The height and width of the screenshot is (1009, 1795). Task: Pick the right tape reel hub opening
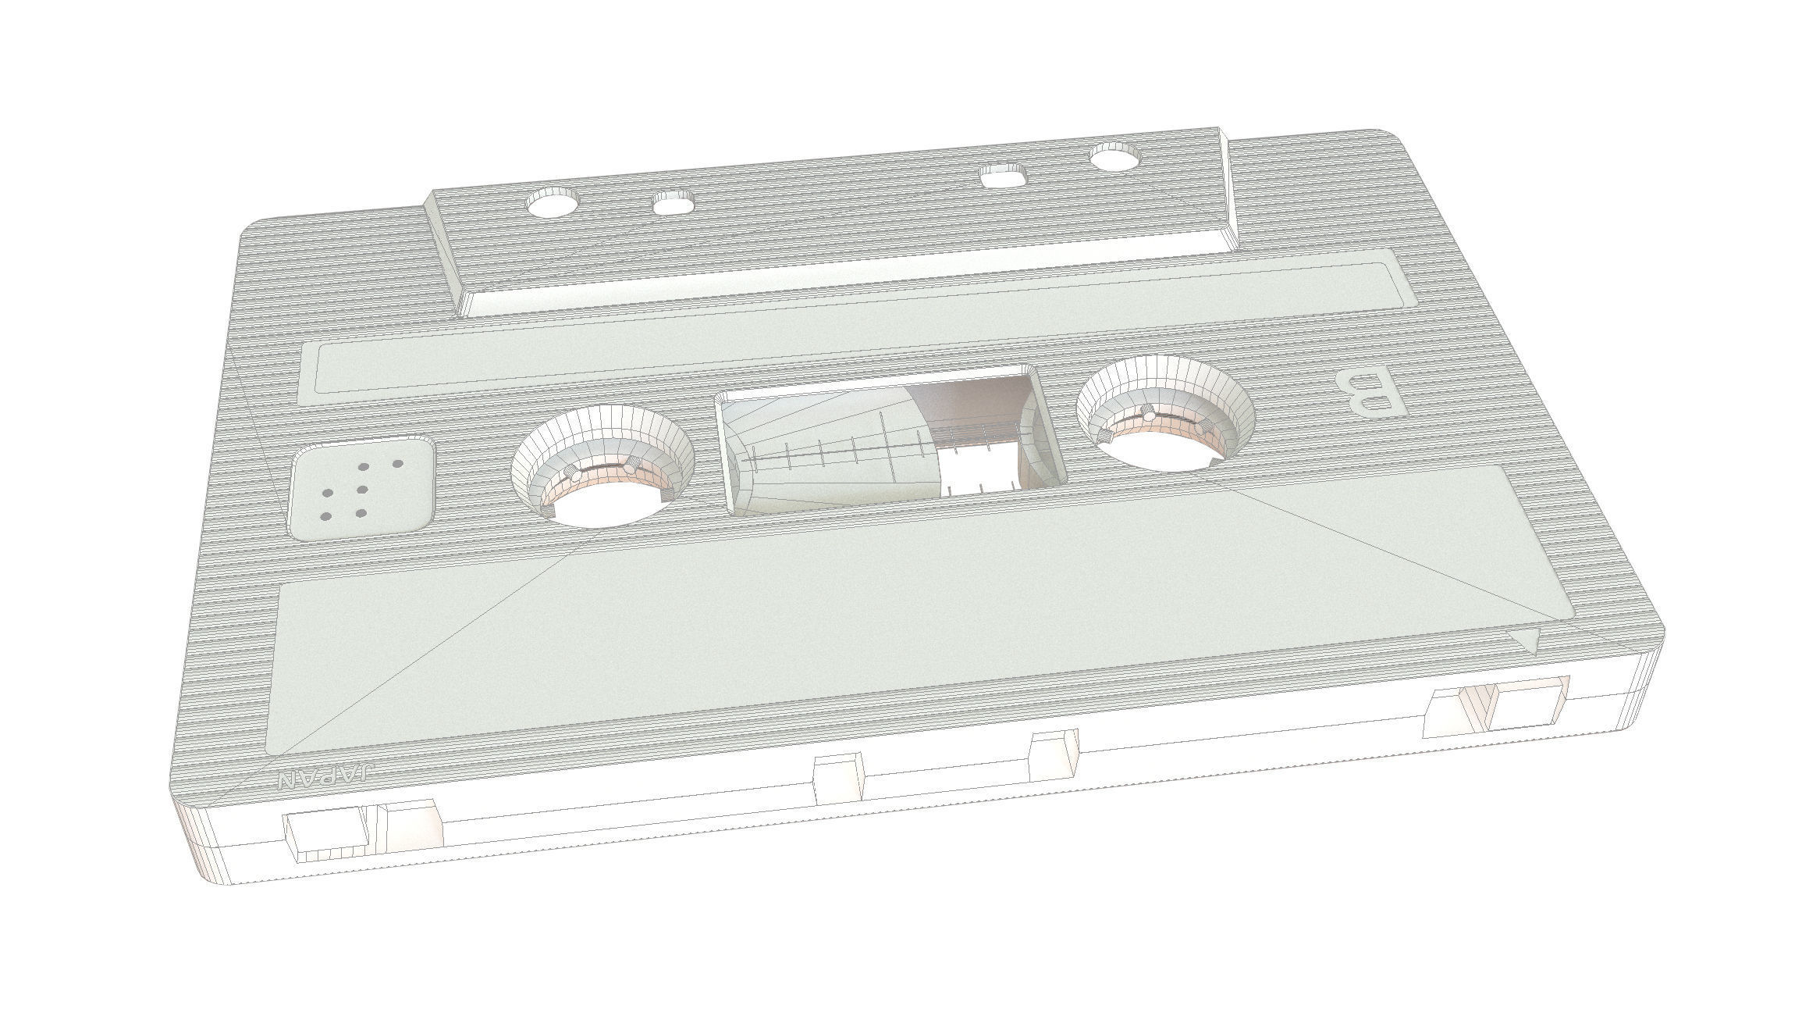point(1165,415)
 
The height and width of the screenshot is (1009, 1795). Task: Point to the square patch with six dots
point(363,488)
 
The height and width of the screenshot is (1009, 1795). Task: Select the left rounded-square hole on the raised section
point(674,205)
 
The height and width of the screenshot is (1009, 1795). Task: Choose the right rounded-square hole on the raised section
point(1003,174)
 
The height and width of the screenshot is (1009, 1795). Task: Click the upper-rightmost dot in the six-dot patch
point(397,464)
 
